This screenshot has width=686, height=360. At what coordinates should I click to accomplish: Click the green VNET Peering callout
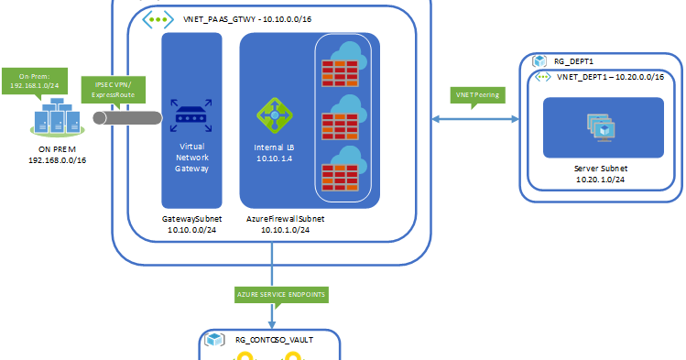[477, 95]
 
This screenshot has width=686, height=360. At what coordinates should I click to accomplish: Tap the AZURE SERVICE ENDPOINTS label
[272, 294]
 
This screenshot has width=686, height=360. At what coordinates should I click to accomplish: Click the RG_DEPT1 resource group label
[577, 60]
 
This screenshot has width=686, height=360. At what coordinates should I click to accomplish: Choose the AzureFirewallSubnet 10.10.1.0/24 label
[285, 225]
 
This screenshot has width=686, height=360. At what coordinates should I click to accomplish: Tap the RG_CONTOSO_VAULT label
[274, 339]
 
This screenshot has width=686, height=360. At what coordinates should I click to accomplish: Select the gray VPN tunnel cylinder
[129, 117]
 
